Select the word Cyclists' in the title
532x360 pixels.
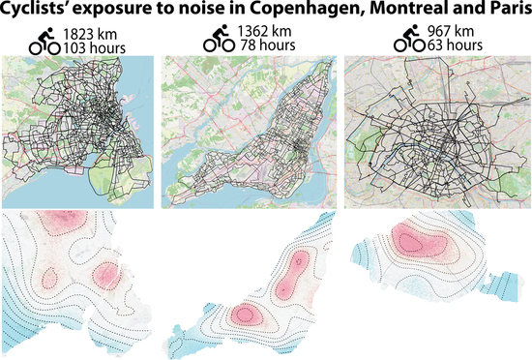pyautogui.click(x=43, y=13)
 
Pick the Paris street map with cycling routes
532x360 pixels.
pyautogui.click(x=436, y=130)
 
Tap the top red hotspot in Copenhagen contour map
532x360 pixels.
pyautogui.click(x=62, y=220)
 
